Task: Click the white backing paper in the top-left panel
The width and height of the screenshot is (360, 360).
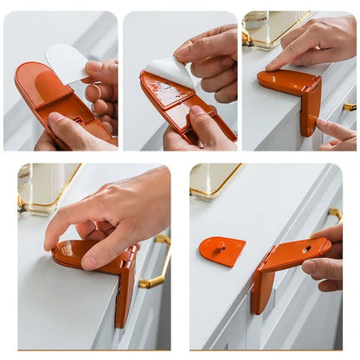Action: coord(67,62)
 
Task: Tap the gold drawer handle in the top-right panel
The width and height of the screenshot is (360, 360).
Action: coord(349,106)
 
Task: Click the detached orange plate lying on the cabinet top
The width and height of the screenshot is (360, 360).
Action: coord(222,250)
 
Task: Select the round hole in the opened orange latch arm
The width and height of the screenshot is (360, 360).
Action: coord(305,249)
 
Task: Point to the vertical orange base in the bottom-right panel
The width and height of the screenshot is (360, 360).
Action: coord(261,291)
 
